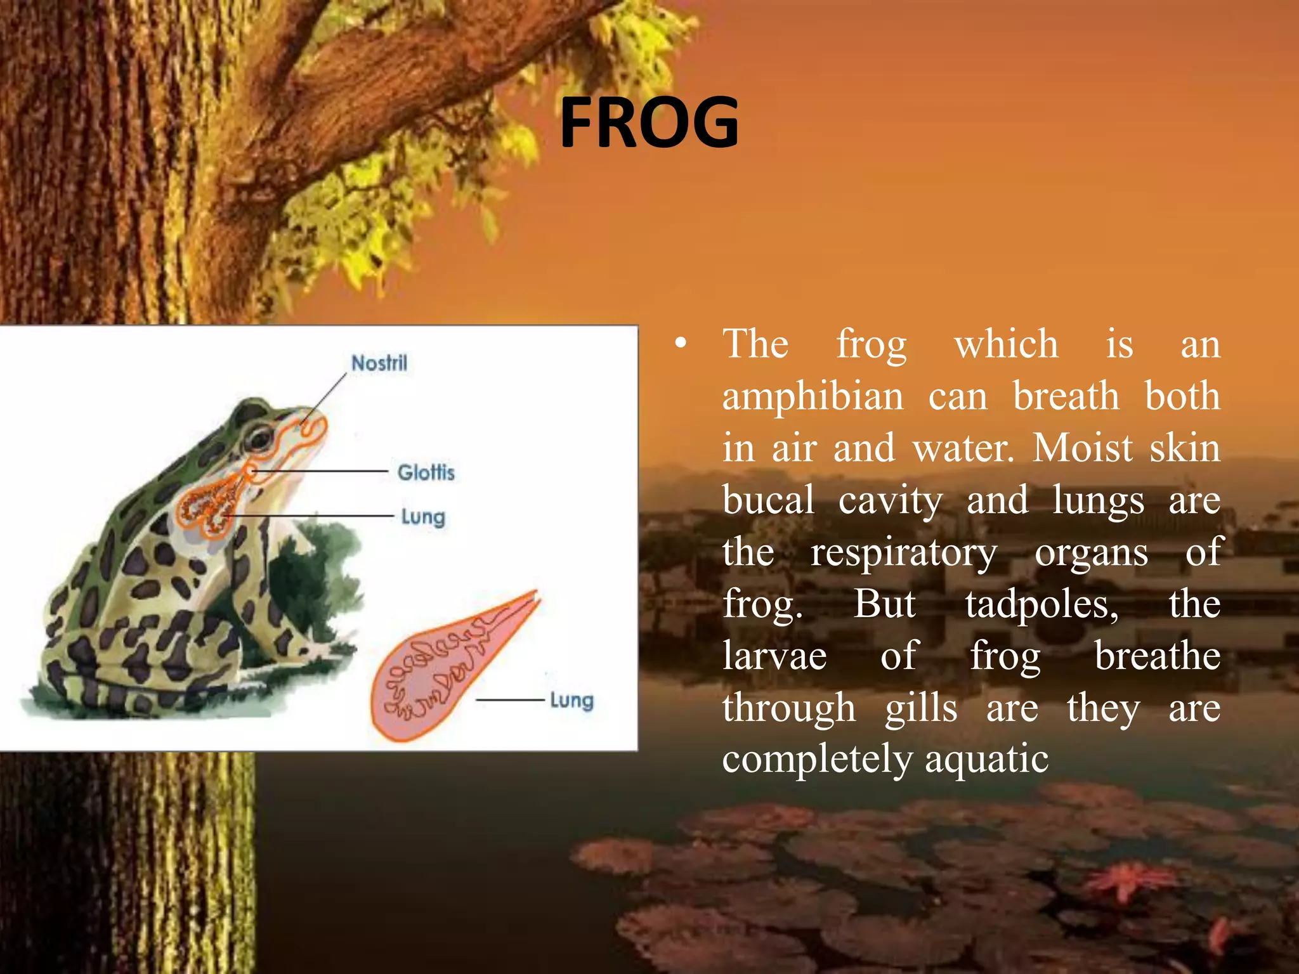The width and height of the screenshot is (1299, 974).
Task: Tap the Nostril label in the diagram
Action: [x=379, y=363]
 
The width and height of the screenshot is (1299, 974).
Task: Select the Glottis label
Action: [x=426, y=472]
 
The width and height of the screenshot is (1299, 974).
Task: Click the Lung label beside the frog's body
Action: [x=423, y=517]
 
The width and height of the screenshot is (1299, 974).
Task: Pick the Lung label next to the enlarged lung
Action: [x=571, y=701]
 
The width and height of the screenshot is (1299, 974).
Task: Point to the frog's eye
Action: [x=259, y=437]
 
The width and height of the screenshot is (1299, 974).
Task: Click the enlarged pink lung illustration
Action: [x=444, y=672]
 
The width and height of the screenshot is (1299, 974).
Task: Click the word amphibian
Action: [x=813, y=397]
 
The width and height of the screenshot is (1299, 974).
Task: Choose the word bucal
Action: [x=768, y=500]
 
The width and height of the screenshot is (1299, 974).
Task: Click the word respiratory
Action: [x=904, y=552]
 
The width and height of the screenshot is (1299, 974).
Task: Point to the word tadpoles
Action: [x=1042, y=604]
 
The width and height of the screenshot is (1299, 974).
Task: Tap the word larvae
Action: [x=774, y=656]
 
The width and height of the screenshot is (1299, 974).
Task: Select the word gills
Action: [x=921, y=708]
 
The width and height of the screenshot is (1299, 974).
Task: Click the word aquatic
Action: [x=986, y=759]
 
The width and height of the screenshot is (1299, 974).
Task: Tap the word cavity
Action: [x=890, y=500]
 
